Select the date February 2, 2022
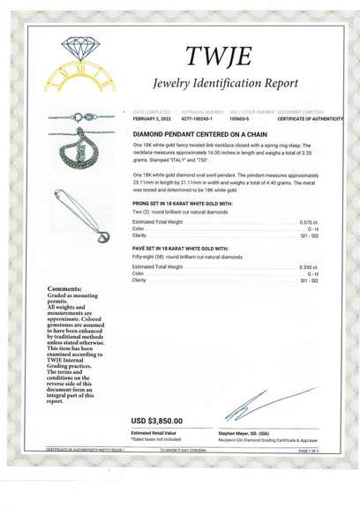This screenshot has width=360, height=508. tap(153, 117)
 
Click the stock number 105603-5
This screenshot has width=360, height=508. tap(240, 117)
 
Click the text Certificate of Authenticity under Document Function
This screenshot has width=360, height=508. tap(310, 117)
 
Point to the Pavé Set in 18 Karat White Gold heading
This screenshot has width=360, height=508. tap(180, 249)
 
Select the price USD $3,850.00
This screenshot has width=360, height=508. tap(163, 421)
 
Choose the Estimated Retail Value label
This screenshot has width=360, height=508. tap(153, 433)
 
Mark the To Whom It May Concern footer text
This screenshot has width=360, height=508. tap(183, 450)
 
